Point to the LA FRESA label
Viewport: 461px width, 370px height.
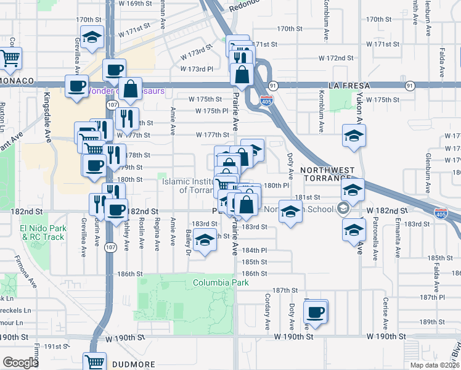(351, 85)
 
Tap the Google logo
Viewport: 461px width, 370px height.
(20, 363)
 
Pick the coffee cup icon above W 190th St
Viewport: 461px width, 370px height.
(316, 311)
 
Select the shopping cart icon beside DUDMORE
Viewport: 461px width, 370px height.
(95, 362)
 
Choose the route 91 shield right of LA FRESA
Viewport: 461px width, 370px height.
(409, 85)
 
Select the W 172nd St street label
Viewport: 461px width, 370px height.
(335, 58)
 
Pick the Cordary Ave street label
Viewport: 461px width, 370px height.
(268, 312)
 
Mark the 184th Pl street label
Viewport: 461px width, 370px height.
(254, 250)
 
